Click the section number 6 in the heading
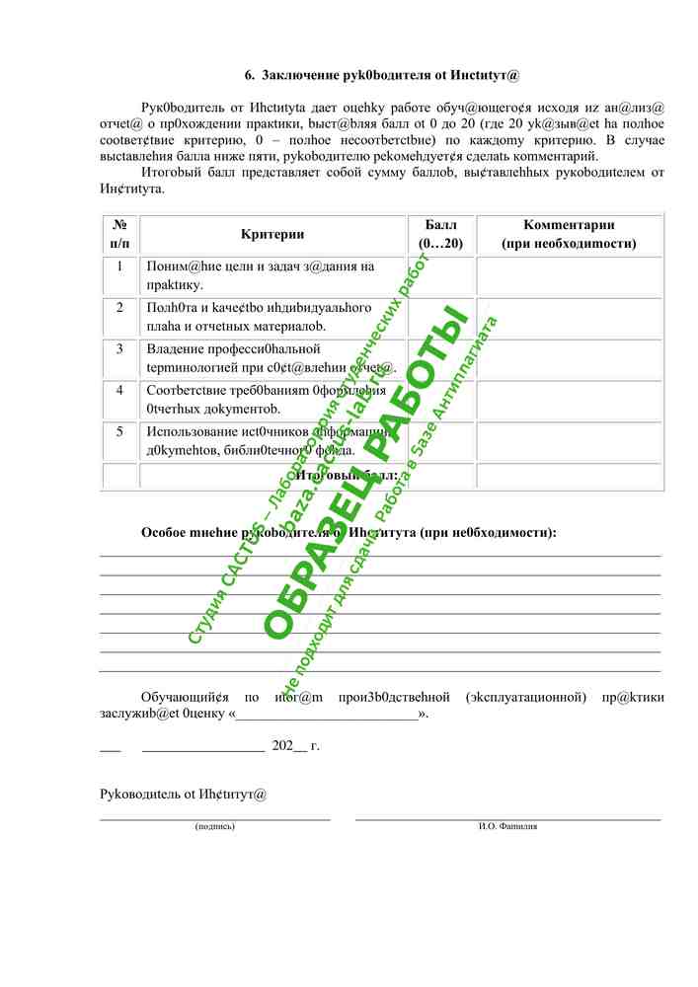(x=249, y=74)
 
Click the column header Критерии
(x=272, y=235)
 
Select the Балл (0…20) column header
(x=440, y=235)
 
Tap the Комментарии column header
(x=569, y=235)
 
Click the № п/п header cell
(x=119, y=235)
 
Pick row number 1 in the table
(x=119, y=266)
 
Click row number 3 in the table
(x=119, y=348)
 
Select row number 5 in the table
(x=119, y=431)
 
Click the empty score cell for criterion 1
(x=440, y=276)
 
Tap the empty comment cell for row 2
(x=569, y=318)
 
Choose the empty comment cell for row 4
(x=569, y=400)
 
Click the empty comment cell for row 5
(x=569, y=441)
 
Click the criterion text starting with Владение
(x=233, y=348)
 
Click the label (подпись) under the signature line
(x=215, y=826)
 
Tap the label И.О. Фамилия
(x=507, y=826)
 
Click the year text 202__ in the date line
(x=288, y=746)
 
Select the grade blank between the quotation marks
(x=326, y=714)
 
